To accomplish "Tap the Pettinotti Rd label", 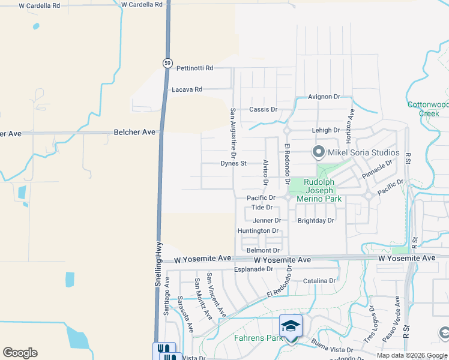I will tap(194, 68).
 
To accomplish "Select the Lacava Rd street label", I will tap(187, 89).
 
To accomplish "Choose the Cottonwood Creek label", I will tap(428, 109).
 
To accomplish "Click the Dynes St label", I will tap(234, 163).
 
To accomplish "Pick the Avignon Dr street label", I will tap(324, 97).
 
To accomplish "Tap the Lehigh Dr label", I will tap(326, 130).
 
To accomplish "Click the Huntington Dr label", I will tap(258, 231).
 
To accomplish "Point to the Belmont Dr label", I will tap(263, 250).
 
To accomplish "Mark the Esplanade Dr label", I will tap(253, 269).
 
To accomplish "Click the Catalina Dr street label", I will tap(319, 281).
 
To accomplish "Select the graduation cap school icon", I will tap(291, 326).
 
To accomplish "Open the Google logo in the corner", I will tap(20, 353).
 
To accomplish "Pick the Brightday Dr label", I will tap(316, 221).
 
